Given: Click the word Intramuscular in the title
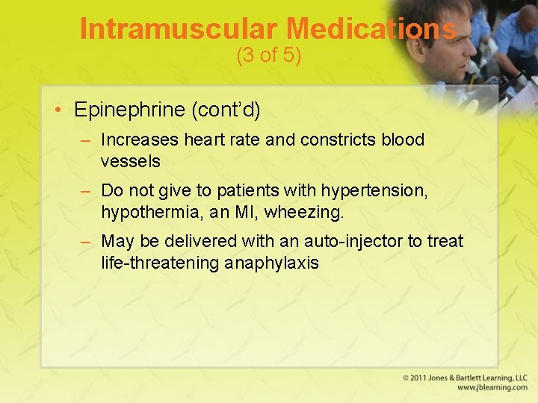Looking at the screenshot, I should click(179, 29).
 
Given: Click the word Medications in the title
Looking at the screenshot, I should click(371, 29).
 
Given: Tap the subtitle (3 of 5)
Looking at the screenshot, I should click(268, 56).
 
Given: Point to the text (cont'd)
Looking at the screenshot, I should click(226, 110).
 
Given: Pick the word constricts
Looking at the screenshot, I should click(338, 140).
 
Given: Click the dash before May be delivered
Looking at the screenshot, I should click(87, 241).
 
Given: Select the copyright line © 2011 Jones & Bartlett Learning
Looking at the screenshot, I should click(465, 378).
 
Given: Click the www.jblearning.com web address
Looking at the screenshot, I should click(492, 388).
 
